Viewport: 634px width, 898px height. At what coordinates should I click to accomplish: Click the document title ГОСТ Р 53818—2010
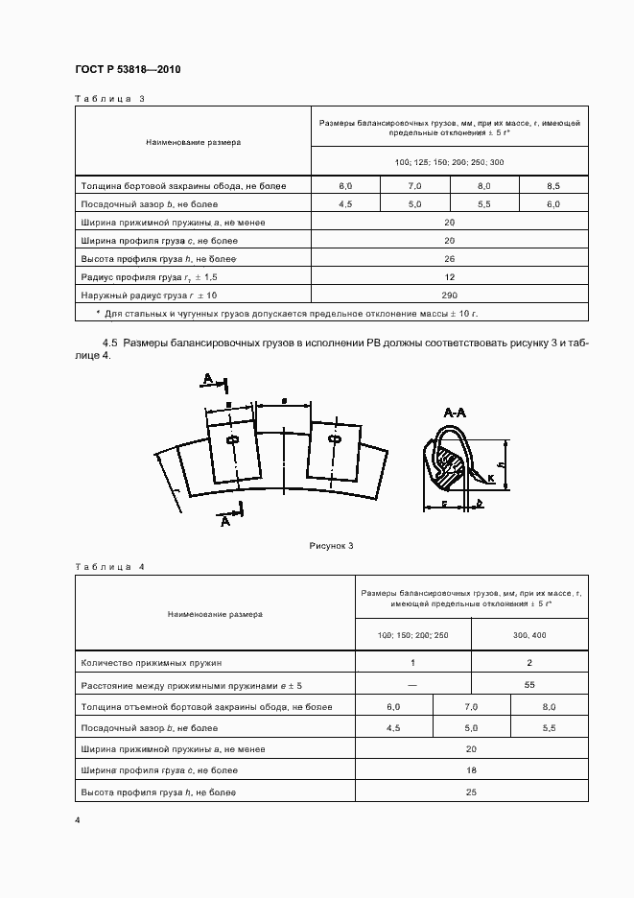(x=127, y=71)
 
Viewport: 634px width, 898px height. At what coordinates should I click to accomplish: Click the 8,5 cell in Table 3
(x=553, y=186)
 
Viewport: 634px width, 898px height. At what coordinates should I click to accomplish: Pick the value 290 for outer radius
(x=449, y=295)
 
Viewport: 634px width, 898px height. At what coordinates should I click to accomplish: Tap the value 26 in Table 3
(x=449, y=258)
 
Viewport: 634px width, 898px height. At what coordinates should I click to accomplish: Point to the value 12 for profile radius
(x=449, y=276)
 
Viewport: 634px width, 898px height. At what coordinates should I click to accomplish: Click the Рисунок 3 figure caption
(x=332, y=546)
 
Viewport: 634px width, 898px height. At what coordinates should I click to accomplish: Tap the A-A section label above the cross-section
(x=456, y=413)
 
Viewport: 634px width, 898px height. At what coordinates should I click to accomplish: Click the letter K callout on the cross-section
(x=490, y=477)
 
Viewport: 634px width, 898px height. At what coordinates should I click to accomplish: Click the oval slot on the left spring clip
(x=231, y=440)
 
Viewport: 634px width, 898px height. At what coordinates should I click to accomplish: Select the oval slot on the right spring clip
(x=335, y=440)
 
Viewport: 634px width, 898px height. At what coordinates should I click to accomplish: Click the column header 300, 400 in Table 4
(x=529, y=637)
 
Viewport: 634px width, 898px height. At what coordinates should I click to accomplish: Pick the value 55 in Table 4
(x=529, y=685)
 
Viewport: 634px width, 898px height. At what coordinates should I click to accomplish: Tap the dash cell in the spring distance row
(x=412, y=685)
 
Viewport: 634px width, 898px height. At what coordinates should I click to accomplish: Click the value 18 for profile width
(x=471, y=770)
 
